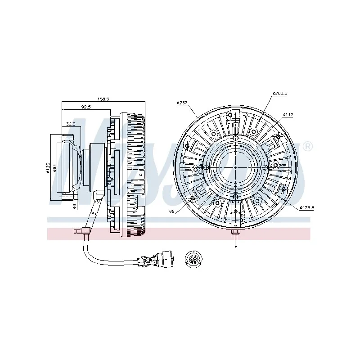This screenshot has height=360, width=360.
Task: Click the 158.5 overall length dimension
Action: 104,99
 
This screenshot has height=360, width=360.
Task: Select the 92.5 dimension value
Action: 86,107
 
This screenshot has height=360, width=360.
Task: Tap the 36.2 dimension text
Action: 71,124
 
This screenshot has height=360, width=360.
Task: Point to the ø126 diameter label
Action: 48,168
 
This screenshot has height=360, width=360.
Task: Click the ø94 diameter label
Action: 55,168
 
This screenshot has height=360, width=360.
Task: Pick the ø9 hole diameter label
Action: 75,207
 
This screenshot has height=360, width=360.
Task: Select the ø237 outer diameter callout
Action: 182,103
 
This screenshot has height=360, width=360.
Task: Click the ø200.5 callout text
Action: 279,93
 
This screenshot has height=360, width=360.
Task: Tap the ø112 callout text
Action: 288,115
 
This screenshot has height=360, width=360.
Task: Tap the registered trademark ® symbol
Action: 307,147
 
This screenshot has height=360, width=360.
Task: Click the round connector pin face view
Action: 194,260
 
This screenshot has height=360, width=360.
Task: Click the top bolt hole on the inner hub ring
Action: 235,137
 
